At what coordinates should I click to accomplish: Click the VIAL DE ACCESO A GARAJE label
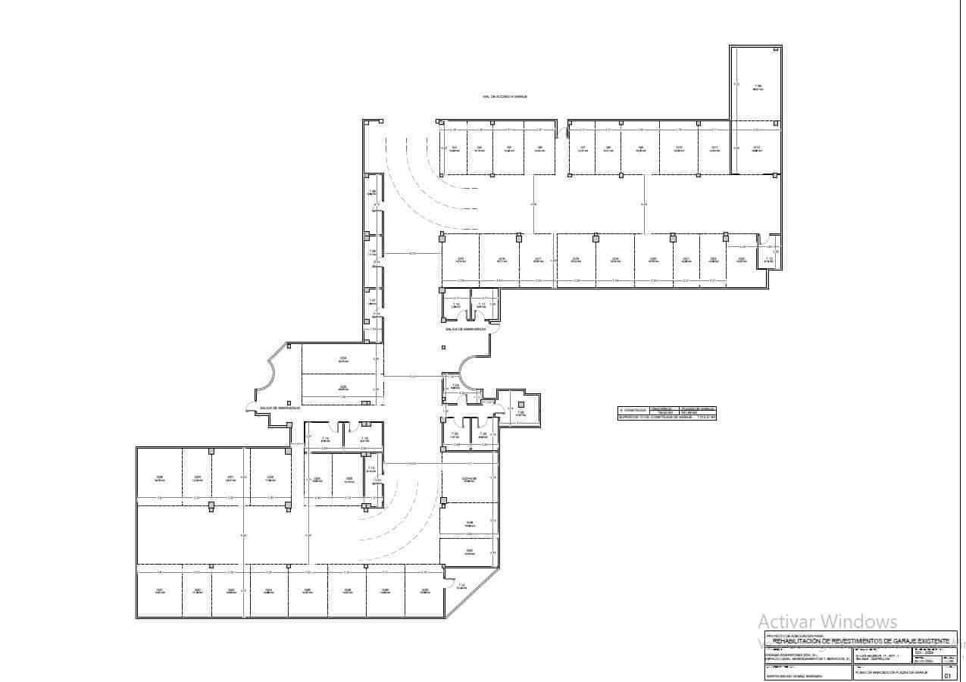point(504,97)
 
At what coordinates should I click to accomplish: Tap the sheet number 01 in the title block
point(947,675)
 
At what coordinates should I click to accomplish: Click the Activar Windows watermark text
point(827,622)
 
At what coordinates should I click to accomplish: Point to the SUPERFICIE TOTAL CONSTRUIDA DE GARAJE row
point(666,417)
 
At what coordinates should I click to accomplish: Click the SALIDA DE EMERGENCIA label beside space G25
point(281,408)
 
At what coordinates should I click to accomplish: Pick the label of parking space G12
point(755,148)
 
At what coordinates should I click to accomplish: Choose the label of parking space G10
point(679,148)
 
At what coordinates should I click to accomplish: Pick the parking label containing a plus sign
point(469,479)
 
